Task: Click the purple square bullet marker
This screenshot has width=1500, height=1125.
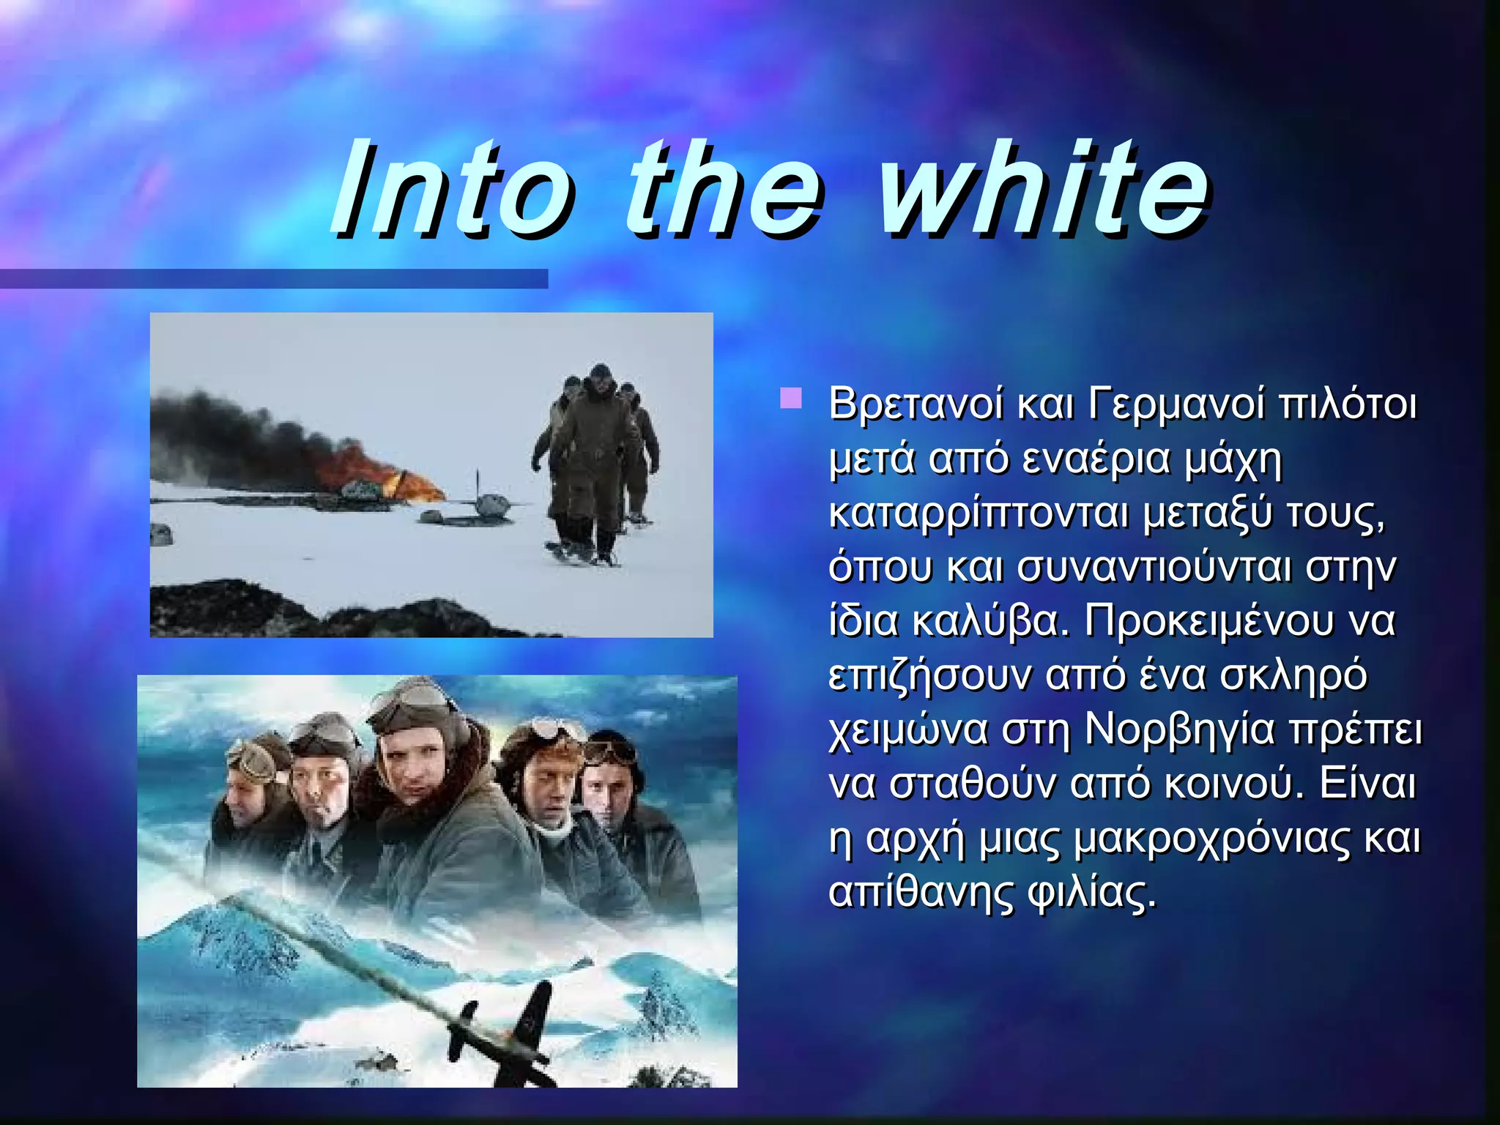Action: [x=790, y=399]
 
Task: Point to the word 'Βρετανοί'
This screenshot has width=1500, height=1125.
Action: [x=916, y=404]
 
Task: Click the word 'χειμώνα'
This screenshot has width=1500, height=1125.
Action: [x=908, y=729]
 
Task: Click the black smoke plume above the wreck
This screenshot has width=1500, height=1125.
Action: [x=242, y=432]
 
